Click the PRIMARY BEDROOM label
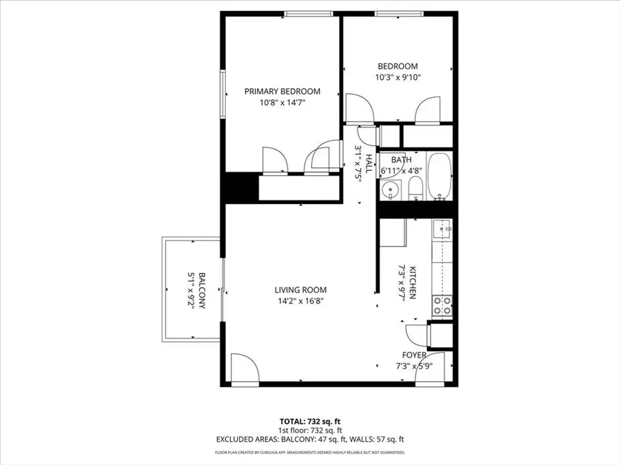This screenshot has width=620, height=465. [x=282, y=91]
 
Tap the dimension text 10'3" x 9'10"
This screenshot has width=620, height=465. [x=397, y=78]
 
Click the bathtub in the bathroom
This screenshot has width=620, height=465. [x=439, y=176]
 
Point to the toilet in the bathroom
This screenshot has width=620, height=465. [x=415, y=188]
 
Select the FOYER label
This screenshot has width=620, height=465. [x=414, y=355]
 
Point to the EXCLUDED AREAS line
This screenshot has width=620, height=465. [x=310, y=439]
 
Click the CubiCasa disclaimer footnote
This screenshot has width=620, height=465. [x=310, y=453]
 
